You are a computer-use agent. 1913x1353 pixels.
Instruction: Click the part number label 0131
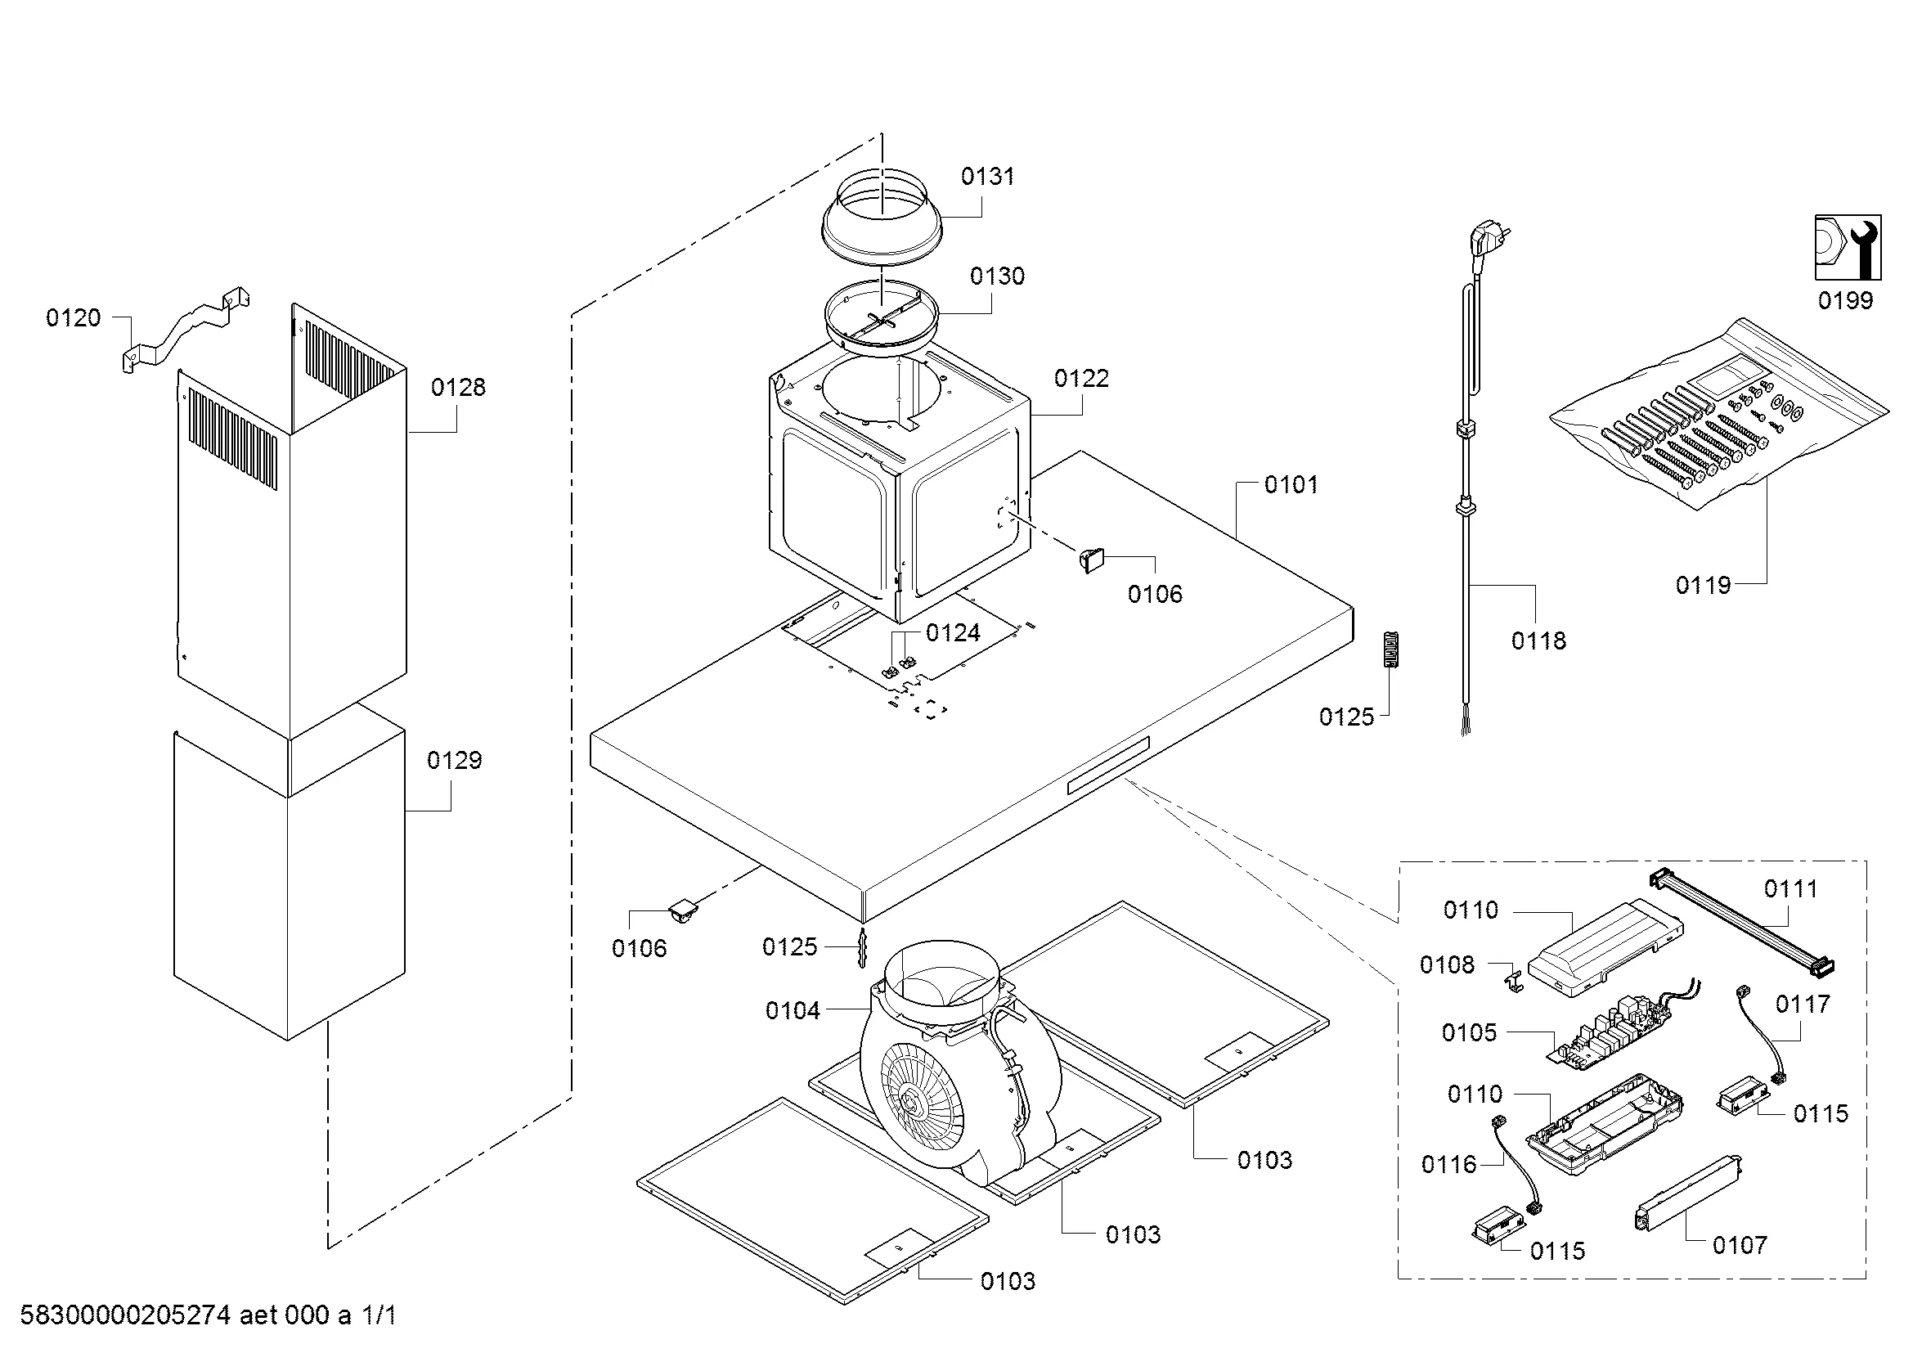pos(987,177)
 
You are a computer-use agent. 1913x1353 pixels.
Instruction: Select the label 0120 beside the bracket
pos(74,317)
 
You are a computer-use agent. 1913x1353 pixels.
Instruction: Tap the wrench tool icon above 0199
pos(1848,247)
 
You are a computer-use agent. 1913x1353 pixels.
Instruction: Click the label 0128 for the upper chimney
pos(457,388)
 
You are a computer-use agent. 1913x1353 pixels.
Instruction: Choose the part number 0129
pos(454,761)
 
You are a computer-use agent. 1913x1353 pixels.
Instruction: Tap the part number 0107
pos(1740,1246)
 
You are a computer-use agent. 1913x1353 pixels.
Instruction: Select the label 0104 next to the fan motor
pos(793,1011)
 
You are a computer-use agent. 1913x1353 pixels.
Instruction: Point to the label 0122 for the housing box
pos(1081,379)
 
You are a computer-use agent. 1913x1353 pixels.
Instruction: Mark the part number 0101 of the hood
pos(1291,485)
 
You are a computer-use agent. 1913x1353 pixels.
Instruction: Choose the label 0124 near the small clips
pos(953,633)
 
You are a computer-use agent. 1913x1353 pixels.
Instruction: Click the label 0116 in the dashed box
pos(1449,1165)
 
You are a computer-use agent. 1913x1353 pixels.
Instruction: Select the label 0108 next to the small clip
pos(1448,964)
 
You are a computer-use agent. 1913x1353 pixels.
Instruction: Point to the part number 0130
pos(996,276)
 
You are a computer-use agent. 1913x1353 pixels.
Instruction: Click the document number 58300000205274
pos(125,1316)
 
